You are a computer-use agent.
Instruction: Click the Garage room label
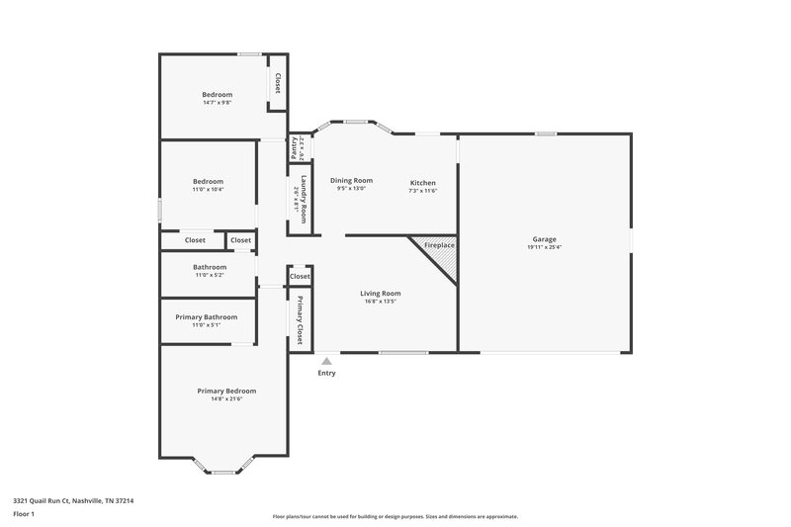point(545,239)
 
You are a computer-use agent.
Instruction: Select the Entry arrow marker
point(326,362)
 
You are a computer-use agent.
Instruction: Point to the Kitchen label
point(423,183)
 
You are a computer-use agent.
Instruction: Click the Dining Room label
point(351,180)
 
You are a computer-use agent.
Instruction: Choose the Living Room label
point(380,293)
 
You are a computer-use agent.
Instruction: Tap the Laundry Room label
point(304,192)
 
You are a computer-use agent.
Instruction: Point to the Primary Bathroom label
point(207,316)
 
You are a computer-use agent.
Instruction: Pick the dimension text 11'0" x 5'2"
point(210,276)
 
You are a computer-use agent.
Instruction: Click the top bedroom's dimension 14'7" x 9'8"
point(218,103)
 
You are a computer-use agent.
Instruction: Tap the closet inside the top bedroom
point(278,83)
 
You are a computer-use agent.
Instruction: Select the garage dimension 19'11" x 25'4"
point(545,248)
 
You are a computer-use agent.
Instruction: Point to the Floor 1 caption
point(24,515)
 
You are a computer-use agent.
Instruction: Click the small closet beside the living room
point(300,277)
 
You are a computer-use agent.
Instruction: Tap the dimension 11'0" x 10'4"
point(208,190)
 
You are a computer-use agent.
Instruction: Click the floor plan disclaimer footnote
point(395,516)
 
